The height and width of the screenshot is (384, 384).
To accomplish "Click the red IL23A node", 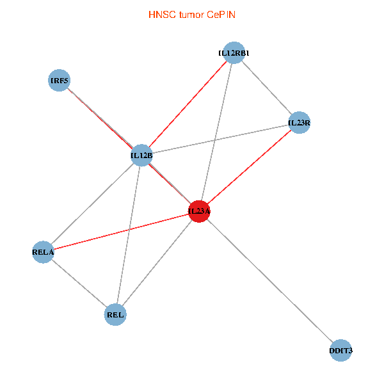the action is (x=199, y=211).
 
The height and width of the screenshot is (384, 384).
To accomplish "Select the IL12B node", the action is (x=141, y=155).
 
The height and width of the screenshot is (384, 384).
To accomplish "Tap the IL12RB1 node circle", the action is (x=233, y=53).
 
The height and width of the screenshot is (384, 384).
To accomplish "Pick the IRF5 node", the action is (x=59, y=81).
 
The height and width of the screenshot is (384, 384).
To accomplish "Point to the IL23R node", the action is (x=299, y=122).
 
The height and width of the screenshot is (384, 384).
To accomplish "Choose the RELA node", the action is (x=43, y=252).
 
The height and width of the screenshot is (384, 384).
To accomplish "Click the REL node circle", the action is (x=116, y=314).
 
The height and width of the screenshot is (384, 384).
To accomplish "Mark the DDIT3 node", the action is (x=340, y=351).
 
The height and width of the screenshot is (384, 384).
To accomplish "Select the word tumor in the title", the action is (x=189, y=14).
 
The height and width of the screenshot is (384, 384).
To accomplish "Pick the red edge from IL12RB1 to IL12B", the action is (x=187, y=104).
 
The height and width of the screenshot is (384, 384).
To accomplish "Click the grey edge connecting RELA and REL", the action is (x=79, y=284).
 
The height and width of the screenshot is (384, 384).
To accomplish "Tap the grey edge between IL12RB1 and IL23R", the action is (x=266, y=88).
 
